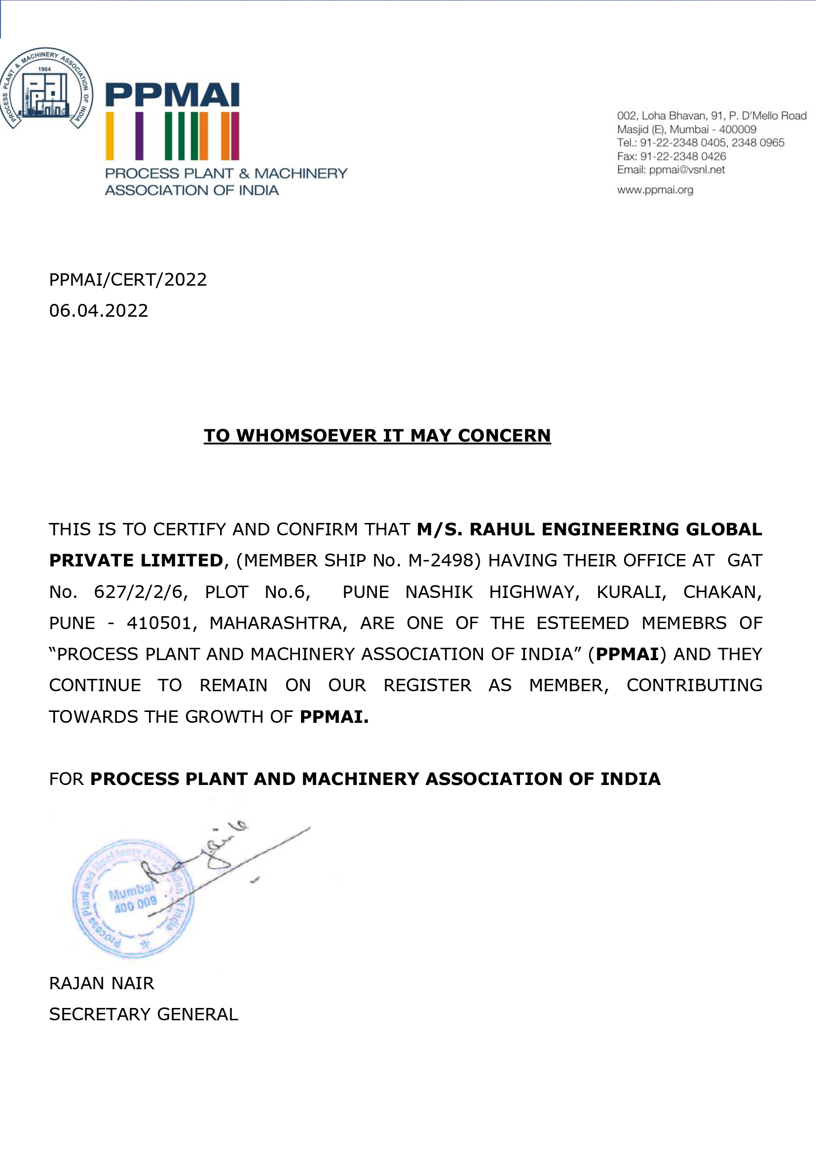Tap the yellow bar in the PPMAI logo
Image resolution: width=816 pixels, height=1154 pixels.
tap(110, 136)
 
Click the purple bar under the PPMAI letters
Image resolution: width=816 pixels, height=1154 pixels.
tap(139, 136)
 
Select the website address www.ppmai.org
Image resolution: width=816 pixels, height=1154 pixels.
tap(655, 190)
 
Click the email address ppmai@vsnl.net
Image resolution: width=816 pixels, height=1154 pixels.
tap(686, 170)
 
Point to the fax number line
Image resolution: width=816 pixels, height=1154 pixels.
tap(671, 156)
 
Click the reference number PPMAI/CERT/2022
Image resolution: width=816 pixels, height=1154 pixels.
tap(128, 279)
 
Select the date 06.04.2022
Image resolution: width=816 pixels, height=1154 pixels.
tap(99, 311)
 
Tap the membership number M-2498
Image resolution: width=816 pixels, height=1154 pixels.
tap(441, 560)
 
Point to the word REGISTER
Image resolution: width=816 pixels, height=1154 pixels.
tap(427, 686)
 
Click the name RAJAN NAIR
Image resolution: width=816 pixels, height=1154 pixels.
tap(102, 983)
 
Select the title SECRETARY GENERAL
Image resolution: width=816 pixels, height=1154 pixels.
tap(143, 1014)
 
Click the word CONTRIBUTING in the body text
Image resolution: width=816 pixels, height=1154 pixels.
tap(694, 686)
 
